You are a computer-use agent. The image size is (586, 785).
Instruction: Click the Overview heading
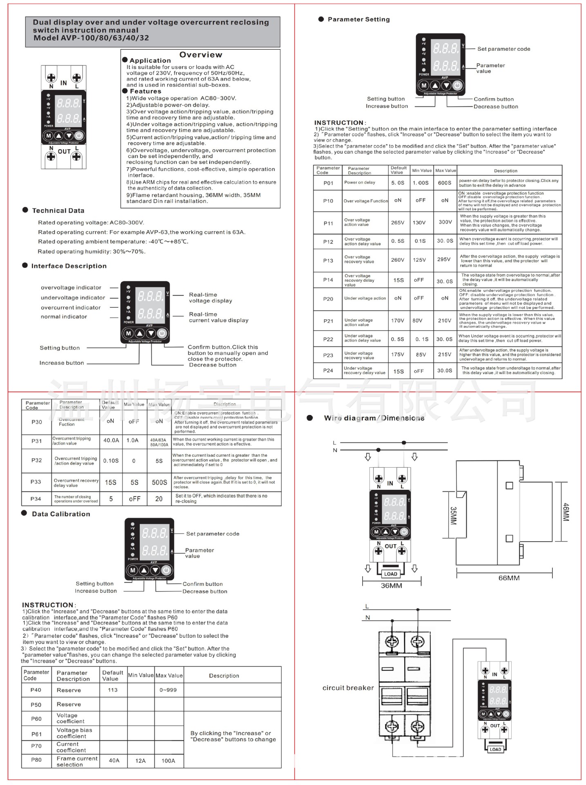pos(201,55)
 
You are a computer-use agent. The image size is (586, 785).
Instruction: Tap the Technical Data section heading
pos(58,211)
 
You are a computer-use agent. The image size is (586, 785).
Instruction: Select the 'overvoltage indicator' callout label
pos(71,287)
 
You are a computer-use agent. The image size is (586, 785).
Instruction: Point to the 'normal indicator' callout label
pos(64,316)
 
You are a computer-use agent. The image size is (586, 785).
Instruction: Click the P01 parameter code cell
pos(328,183)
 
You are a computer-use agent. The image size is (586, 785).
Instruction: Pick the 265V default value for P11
pos(398,222)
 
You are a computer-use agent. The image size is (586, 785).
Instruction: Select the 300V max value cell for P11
pos(445,222)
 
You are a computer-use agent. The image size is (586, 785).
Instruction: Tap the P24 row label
pos(328,370)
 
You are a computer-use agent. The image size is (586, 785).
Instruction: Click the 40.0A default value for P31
pos(111,440)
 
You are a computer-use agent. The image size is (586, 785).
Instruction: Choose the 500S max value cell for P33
pos(159,482)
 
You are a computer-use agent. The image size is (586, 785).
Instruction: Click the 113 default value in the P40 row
pos(113,690)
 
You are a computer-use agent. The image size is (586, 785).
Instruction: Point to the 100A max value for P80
pos(168,760)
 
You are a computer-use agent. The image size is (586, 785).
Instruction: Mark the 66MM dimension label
pos(509,578)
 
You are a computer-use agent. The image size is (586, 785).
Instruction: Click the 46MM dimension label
pos(566,511)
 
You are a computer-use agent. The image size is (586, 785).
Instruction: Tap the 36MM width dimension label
pos(391,585)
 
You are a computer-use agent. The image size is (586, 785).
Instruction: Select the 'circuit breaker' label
pos(348,688)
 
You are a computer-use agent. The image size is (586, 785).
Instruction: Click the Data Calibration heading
pos(61,514)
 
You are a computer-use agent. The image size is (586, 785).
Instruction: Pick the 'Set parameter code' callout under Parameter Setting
pos(504,49)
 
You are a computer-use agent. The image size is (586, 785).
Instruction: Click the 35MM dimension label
pos(453,516)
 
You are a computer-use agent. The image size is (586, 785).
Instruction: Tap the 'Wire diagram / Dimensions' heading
pos(374,418)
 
